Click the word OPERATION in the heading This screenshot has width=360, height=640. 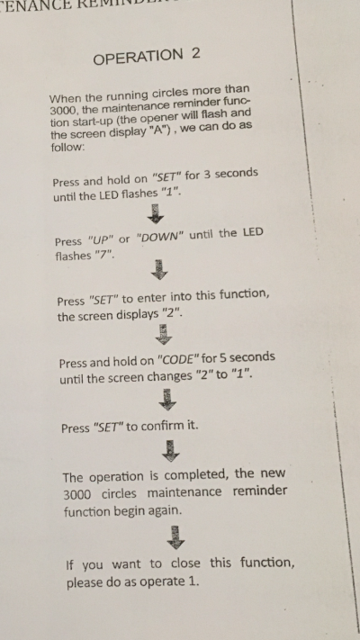click(x=138, y=57)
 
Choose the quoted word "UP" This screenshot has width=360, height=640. click(x=101, y=240)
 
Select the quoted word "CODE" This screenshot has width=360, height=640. click(x=178, y=360)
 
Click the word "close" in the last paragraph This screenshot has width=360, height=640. click(x=185, y=563)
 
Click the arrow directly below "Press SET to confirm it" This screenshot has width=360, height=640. click(x=171, y=451)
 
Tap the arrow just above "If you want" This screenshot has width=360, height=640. click(x=175, y=537)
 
